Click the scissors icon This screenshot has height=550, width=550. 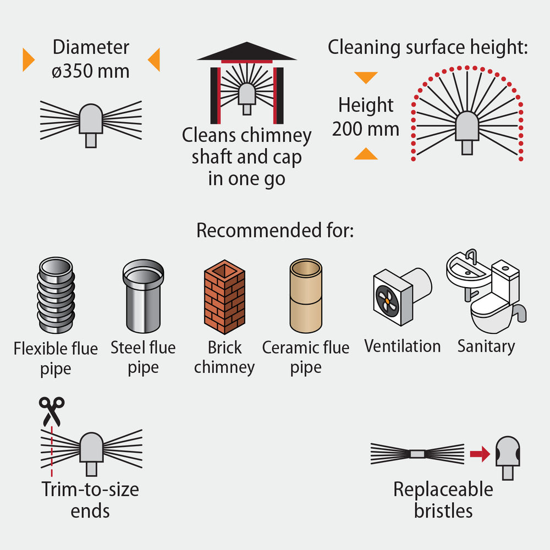point(52,411)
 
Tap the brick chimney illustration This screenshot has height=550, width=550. point(224,297)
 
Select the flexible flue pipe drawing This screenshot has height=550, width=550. point(56,295)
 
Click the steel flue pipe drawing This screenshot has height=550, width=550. point(143,296)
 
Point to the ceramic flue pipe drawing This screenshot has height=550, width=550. point(306,296)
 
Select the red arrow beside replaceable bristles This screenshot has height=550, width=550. point(480,454)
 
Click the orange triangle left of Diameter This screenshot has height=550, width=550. point(28,59)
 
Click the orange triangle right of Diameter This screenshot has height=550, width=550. point(155,59)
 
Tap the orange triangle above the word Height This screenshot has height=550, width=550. point(366,77)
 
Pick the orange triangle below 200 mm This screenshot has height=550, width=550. point(366,154)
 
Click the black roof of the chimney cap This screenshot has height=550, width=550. point(247,51)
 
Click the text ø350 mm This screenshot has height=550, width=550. point(91,71)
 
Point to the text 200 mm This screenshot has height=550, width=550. point(366,129)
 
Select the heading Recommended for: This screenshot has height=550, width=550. point(275,230)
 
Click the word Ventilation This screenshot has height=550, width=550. point(403,346)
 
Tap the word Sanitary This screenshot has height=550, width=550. point(486,346)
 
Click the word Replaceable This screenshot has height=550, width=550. point(443,490)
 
